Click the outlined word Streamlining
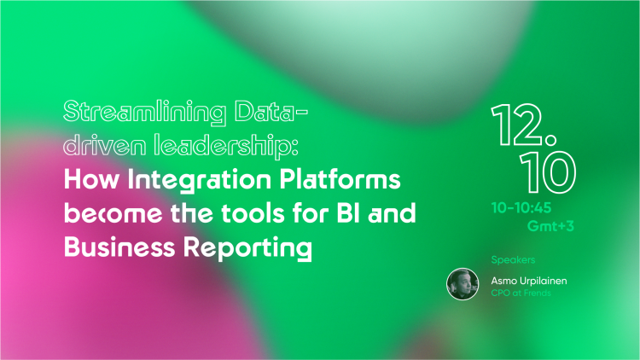[145, 113]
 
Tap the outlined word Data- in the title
[271, 111]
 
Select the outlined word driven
[104, 144]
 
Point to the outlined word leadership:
[226, 146]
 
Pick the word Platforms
[340, 179]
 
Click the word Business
[119, 247]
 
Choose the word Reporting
[247, 248]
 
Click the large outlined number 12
[524, 125]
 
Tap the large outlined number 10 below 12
[548, 172]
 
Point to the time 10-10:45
[521, 208]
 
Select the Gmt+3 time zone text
[550, 226]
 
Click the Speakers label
[513, 260]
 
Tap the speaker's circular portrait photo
[463, 284]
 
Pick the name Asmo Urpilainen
[529, 281]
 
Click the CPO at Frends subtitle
[521, 293]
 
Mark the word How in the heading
[91, 180]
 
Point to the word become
[113, 213]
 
